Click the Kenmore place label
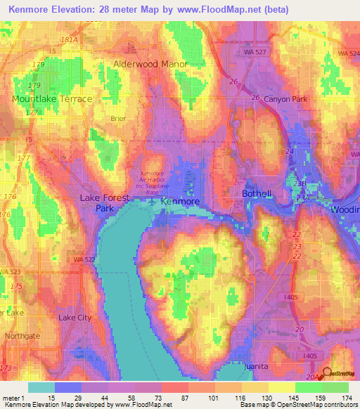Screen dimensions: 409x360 point(180,201)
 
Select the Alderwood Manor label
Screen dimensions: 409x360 point(150,64)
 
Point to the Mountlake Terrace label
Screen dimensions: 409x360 point(52,99)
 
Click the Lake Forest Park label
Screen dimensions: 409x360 point(104,203)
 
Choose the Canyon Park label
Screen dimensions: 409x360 point(285,100)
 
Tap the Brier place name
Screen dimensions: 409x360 point(118,119)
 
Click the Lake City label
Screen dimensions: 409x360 point(75,318)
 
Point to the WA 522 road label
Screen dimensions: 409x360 point(84,259)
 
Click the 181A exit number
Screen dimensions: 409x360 point(70,40)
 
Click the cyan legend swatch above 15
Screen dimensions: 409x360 point(41,387)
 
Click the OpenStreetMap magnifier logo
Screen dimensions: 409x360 point(326,375)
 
